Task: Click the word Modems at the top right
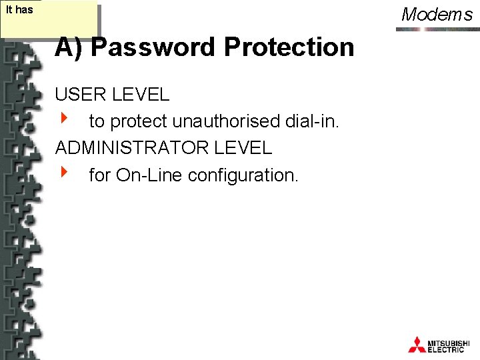pyautogui.click(x=437, y=14)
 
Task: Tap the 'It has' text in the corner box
pyautogui.click(x=19, y=10)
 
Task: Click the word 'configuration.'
pyautogui.click(x=244, y=175)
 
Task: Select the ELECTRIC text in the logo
pyautogui.click(x=446, y=349)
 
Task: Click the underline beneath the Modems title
pyautogui.click(x=437, y=25)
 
